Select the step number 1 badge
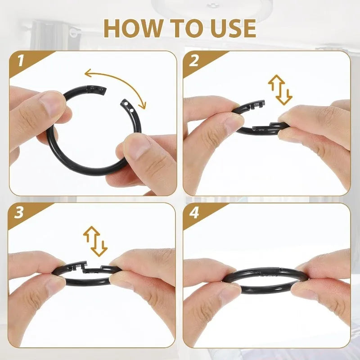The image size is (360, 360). pyautogui.click(x=21, y=60)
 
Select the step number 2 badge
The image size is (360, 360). pyautogui.click(x=194, y=61)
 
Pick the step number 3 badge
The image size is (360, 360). pyautogui.click(x=19, y=212)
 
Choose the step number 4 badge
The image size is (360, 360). pyautogui.click(x=194, y=212)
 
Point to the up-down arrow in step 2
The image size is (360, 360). pyautogui.click(x=280, y=90)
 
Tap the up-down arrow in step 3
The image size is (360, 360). pyautogui.click(x=95, y=241)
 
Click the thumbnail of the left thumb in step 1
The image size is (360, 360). pyautogui.click(x=52, y=103)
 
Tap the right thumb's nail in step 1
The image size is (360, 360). pyautogui.click(x=136, y=146)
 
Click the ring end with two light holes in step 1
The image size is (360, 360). pyautogui.click(x=128, y=106)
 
